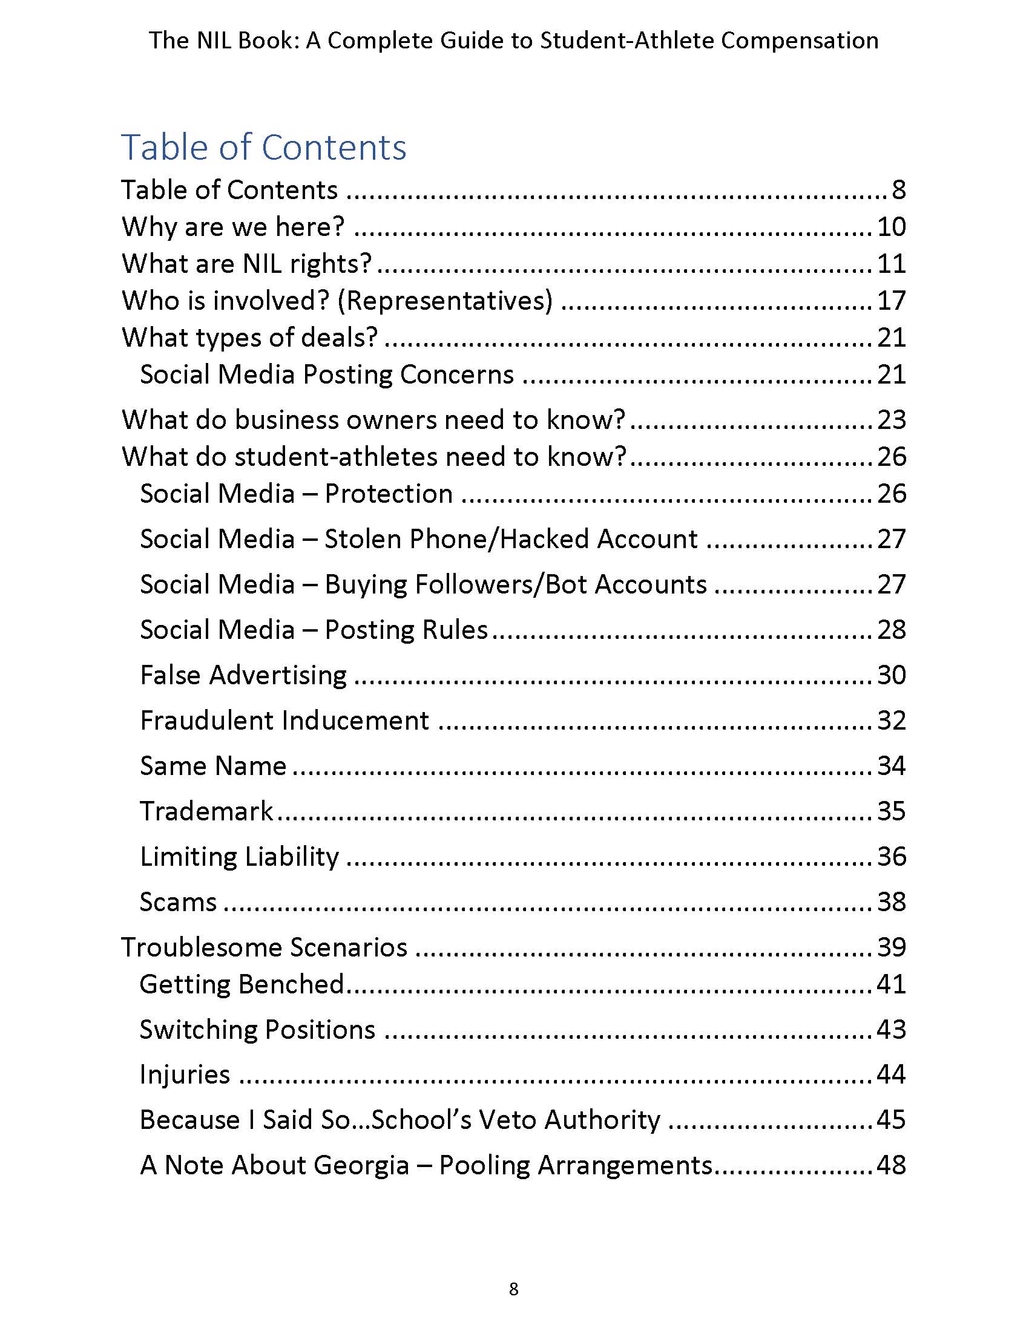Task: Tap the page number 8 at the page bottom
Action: coord(513,1289)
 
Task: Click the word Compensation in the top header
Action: coord(799,40)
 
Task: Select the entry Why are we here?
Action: coord(233,227)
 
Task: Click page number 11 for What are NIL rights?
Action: coord(891,264)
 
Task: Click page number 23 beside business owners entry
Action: coord(891,420)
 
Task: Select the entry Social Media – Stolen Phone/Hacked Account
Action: coord(418,538)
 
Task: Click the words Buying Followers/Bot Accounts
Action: coord(515,584)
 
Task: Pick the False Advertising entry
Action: coord(243,675)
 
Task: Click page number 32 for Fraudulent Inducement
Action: coord(891,721)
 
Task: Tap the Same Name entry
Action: coord(212,766)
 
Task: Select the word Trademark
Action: coord(206,811)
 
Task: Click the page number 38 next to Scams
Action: coord(891,902)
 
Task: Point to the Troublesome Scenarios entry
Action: coord(264,947)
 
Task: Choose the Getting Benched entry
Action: coord(242,984)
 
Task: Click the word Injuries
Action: coord(185,1074)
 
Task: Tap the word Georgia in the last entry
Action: coord(361,1165)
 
